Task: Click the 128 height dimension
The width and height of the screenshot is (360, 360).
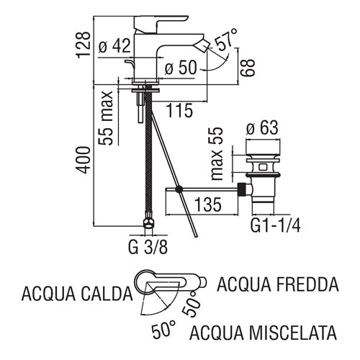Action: pos(84,45)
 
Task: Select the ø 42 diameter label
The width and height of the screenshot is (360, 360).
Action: pos(114,45)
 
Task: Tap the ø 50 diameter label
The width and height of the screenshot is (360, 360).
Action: pos(181,67)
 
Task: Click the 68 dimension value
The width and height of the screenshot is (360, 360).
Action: pos(247,68)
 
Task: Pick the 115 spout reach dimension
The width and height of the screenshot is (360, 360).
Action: pos(179,110)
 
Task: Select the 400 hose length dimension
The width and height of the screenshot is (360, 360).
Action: pos(84,160)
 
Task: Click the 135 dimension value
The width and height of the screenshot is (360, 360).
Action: pos(208,204)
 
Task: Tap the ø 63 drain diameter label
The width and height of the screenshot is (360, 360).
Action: pos(262,127)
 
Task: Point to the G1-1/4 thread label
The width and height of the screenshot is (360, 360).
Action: pos(275,225)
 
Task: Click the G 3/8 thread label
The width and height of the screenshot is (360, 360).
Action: pos(148,247)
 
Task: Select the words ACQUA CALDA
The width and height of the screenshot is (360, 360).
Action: pos(77,294)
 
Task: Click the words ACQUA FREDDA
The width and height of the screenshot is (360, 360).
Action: pos(278,284)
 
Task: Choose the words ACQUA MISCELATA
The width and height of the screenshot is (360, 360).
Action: pos(263,333)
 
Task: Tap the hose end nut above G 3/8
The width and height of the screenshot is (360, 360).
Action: pos(148,220)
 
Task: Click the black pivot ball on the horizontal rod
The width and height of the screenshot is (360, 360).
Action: pos(179,189)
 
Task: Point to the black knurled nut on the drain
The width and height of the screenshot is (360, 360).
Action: pos(242,189)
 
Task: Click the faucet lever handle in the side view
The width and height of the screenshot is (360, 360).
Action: pos(161,24)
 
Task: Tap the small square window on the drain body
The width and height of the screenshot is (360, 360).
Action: pos(263,167)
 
